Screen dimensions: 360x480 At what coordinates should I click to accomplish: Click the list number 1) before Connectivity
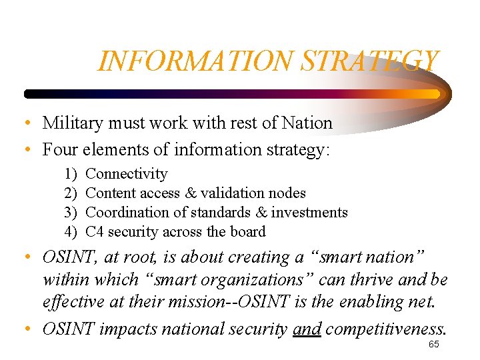[x=71, y=174]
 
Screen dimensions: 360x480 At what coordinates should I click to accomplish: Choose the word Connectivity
[x=127, y=174]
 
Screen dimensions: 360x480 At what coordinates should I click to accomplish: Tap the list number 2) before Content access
[x=71, y=193]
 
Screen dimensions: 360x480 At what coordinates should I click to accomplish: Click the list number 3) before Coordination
[x=71, y=213]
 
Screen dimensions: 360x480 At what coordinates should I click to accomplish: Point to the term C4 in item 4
[x=95, y=232]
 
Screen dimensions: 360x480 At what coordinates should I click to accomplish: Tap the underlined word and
[x=307, y=329]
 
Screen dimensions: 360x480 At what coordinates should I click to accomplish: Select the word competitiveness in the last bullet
[x=386, y=329]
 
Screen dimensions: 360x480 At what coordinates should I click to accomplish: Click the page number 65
[x=433, y=345]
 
